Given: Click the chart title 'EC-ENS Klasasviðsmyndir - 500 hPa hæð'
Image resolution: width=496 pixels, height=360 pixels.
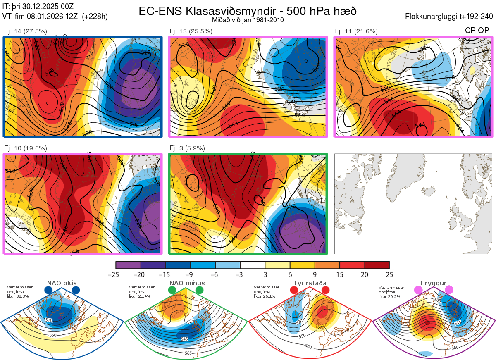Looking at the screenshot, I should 248,11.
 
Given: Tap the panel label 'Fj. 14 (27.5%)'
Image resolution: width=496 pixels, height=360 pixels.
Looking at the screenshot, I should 25,31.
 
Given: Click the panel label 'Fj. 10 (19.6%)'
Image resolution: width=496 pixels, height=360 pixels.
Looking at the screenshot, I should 25,148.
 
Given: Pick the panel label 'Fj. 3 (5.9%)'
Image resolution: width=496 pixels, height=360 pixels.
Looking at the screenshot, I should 187,148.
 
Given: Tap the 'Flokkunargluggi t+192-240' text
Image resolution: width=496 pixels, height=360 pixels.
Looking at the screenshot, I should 449,17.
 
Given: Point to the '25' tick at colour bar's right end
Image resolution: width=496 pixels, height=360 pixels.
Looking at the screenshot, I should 389,274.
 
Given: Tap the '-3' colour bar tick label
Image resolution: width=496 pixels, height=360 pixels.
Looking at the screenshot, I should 240,274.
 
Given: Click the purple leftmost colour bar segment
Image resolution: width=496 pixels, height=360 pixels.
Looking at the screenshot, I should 128,265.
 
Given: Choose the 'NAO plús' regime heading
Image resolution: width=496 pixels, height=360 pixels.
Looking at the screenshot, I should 62,283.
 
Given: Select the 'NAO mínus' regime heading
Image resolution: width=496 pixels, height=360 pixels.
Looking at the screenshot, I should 187,283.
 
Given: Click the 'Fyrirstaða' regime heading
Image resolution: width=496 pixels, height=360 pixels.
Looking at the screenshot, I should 310,283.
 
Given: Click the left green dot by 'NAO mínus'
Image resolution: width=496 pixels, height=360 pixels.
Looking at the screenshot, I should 172,291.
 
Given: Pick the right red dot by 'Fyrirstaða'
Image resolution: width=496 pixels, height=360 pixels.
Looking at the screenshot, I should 325,291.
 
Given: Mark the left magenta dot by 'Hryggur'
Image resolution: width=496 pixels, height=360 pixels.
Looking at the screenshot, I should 420,291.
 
